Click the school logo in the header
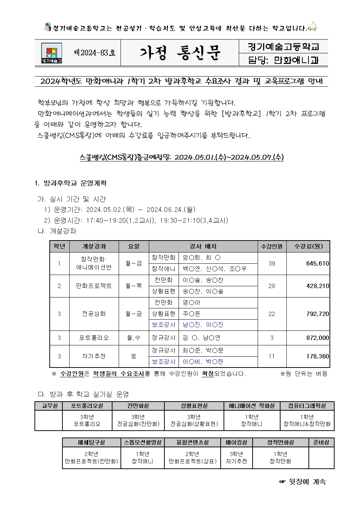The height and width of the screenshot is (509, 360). point(51,53)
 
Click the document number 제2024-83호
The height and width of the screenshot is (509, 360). point(94,53)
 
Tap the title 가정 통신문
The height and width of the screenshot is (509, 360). point(180,53)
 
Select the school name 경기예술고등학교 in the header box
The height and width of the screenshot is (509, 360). point(283,47)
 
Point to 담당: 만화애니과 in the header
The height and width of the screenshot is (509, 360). point(283,60)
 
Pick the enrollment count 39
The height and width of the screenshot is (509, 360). point(271,263)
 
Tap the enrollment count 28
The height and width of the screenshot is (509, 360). point(271,286)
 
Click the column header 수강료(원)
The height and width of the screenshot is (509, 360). point(308,246)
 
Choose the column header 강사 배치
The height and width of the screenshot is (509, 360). point(203,246)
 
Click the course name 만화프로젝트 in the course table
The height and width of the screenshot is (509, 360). point(94,286)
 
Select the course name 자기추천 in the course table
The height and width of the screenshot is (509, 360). point(94,356)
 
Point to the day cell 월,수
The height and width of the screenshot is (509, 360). point(134,338)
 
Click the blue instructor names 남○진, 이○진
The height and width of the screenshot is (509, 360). point(202,325)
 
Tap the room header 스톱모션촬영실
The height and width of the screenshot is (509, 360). point(143,442)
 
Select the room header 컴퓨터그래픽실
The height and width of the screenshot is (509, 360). point(307,406)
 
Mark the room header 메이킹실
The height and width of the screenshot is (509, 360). point(236,442)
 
